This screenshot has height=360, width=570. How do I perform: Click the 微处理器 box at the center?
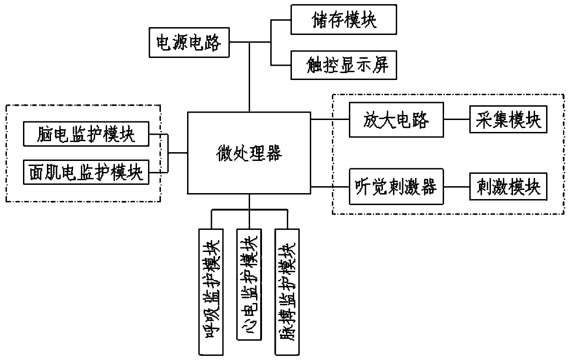249,153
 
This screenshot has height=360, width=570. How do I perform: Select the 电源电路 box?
189,42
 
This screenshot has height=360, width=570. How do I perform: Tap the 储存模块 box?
343,19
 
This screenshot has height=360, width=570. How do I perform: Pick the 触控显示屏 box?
343,65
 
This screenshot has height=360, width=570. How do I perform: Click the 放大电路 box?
396,120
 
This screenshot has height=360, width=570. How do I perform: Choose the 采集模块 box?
508,119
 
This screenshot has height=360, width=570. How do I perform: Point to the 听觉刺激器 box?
396,186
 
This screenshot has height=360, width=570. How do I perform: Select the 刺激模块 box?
508,186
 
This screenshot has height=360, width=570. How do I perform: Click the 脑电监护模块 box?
86,134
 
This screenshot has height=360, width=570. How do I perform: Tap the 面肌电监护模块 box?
86,172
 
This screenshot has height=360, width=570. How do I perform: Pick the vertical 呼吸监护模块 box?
211,292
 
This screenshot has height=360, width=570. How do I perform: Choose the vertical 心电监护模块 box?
249,284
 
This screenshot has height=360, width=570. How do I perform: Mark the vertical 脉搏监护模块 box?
287,292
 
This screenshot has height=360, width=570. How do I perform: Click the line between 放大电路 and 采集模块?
457,119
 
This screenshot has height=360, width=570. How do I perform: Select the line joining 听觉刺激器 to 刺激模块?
457,187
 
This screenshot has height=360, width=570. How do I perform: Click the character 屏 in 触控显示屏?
381,65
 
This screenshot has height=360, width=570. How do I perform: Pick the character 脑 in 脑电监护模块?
46,134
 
